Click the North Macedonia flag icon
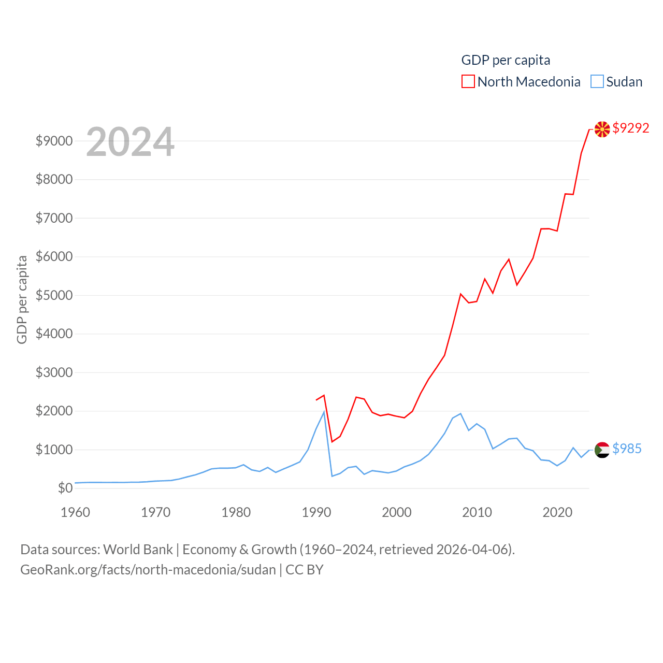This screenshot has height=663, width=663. click(x=602, y=129)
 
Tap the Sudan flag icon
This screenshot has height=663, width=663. click(x=602, y=450)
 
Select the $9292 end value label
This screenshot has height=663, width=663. click(x=630, y=128)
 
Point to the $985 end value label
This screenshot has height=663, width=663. click(x=627, y=449)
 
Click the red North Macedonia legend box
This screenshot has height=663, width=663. click(x=468, y=82)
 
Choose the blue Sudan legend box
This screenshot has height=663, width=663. click(x=597, y=82)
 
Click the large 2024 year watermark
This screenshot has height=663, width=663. click(x=130, y=142)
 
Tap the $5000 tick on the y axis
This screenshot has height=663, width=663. click(x=54, y=295)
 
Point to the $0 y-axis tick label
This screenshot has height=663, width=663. click(x=65, y=488)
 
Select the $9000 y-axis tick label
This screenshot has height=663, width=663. click(x=54, y=141)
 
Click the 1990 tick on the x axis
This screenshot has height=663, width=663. click(x=316, y=512)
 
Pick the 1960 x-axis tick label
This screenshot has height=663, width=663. click(x=76, y=512)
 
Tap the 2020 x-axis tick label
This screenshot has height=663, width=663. click(x=557, y=512)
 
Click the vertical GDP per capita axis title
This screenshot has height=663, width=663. click(x=22, y=299)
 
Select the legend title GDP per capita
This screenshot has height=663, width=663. click(x=506, y=60)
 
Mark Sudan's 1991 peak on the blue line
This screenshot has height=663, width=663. click(x=324, y=412)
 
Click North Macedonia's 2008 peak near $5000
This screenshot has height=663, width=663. click(x=460, y=294)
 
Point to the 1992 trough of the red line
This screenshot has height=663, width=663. click(x=332, y=442)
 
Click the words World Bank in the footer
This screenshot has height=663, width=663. click(x=138, y=549)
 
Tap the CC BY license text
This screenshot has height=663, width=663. click(x=305, y=570)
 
